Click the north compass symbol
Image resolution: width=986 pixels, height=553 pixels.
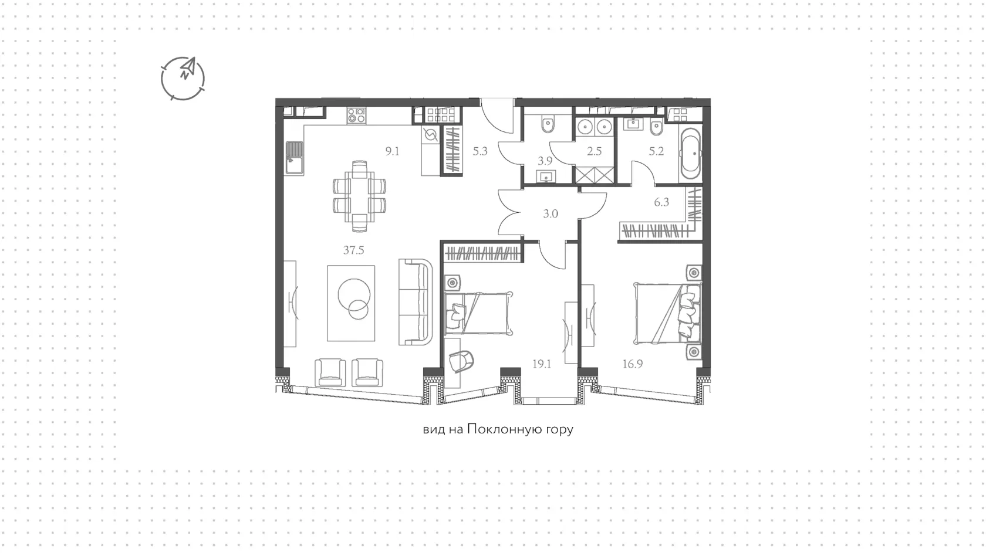pyautogui.click(x=183, y=79)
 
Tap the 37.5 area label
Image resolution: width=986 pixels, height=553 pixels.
pyautogui.click(x=353, y=250)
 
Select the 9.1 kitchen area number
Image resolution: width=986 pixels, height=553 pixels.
pyautogui.click(x=392, y=151)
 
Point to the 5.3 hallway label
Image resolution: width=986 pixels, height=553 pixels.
pyautogui.click(x=480, y=151)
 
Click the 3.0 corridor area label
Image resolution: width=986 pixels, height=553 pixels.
pyautogui.click(x=551, y=214)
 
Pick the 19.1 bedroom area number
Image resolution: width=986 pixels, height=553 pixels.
pyautogui.click(x=541, y=364)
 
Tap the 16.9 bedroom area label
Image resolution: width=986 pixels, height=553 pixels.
pyautogui.click(x=633, y=364)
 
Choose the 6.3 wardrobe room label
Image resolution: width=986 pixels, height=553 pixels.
pyautogui.click(x=661, y=202)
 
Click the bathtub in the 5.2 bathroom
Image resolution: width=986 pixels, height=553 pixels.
pyautogui.click(x=690, y=154)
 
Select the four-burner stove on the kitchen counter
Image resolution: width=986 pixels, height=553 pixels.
pyautogui.click(x=357, y=116)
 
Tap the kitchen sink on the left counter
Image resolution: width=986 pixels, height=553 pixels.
pyautogui.click(x=293, y=158)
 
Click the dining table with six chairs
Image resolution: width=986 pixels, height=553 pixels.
pyautogui.click(x=360, y=196)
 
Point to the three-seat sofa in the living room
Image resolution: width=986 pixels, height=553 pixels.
pyautogui.click(x=416, y=302)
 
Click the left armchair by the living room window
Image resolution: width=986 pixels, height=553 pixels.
pyautogui.click(x=330, y=372)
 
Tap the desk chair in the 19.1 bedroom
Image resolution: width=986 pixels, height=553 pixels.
pyautogui.click(x=462, y=361)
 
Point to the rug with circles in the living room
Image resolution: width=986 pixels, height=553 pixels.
pyautogui.click(x=351, y=303)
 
